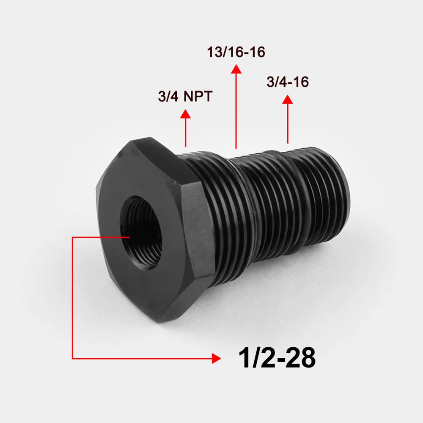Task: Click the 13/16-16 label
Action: point(236,52)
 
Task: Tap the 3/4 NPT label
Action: point(185,96)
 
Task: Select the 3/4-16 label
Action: point(288,82)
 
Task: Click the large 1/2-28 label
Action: point(277,358)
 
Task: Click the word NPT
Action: point(198,96)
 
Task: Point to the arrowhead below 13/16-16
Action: point(236,69)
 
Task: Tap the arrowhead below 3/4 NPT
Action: point(185,113)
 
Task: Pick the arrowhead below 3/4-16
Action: point(288,99)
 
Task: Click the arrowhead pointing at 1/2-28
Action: point(216,359)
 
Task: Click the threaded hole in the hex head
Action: point(141,232)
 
